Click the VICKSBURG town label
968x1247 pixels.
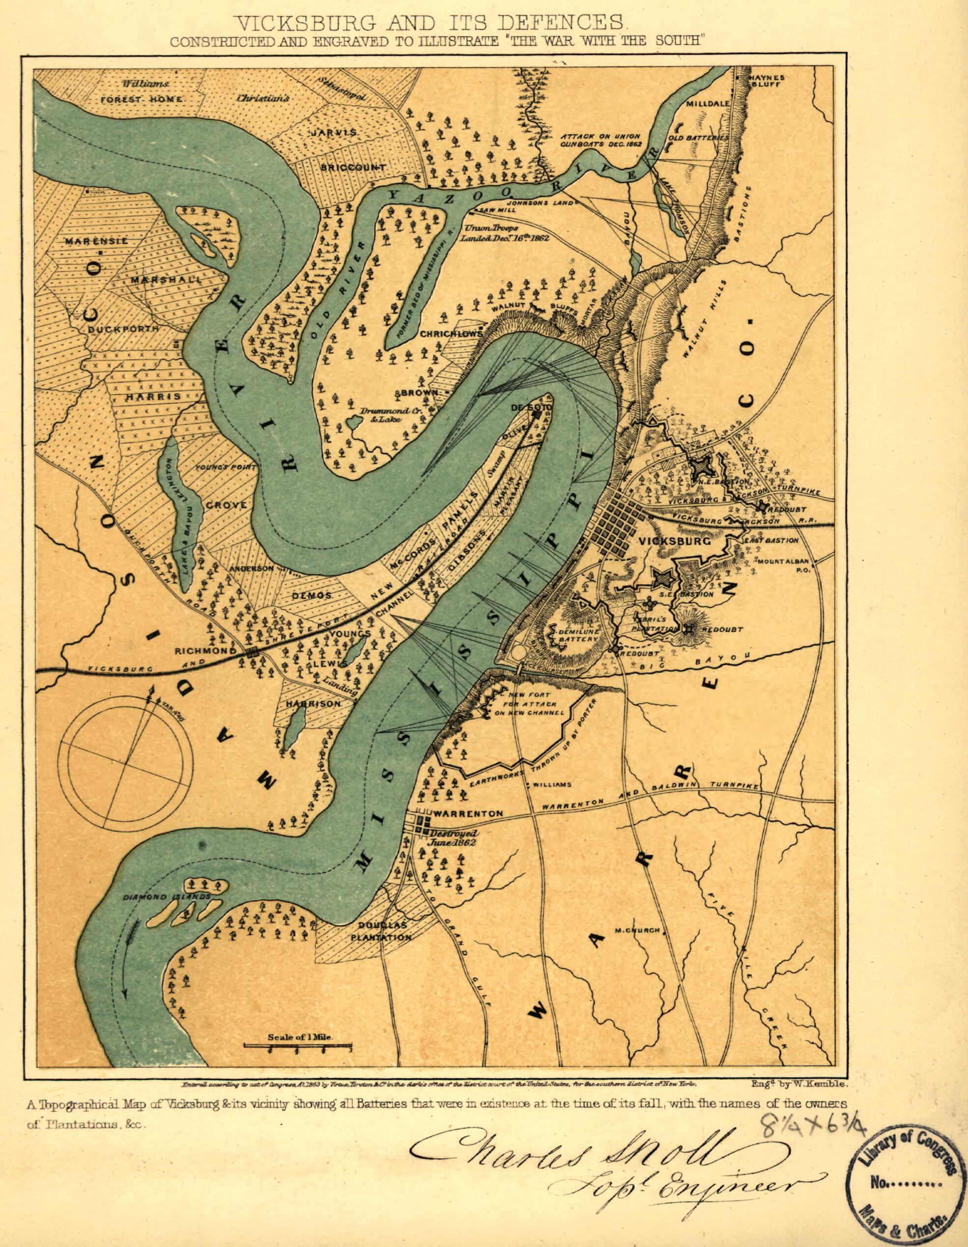(x=673, y=540)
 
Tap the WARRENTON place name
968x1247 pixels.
(x=468, y=813)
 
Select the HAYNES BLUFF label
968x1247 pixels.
(x=767, y=80)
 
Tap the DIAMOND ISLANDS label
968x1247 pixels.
(x=165, y=897)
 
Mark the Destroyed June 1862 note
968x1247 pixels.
(x=452, y=838)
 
